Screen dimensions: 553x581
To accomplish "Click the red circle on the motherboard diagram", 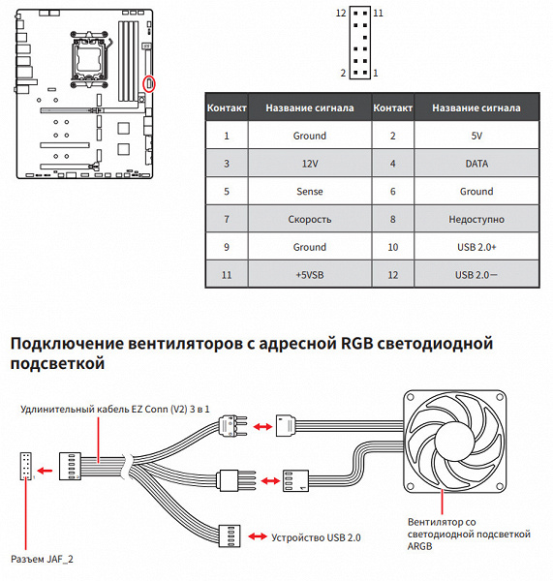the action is point(149,84).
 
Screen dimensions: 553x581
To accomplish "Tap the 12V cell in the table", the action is point(310,164).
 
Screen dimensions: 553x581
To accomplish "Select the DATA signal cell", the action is point(476,164).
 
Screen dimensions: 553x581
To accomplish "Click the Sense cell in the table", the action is point(310,191).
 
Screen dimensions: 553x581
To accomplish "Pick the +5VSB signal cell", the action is point(310,275).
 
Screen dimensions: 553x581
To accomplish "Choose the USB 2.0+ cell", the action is point(476,247).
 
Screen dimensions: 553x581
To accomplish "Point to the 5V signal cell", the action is point(476,136).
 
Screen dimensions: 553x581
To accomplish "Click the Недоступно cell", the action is point(476,219).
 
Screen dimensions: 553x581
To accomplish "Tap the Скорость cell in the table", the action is point(310,219).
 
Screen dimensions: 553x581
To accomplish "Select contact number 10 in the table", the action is point(393,247).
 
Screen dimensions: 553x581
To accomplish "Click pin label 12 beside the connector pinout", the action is point(341,14).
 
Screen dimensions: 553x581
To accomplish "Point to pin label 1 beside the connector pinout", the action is point(376,73).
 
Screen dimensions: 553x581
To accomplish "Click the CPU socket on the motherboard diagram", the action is point(90,59).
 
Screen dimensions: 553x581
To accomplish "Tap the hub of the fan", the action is point(454,441).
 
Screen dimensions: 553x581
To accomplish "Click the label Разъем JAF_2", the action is point(42,559).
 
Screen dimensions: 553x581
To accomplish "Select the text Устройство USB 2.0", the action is point(316,537).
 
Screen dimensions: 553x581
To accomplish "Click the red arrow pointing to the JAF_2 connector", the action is point(46,471).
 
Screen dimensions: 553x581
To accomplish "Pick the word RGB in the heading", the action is point(356,343).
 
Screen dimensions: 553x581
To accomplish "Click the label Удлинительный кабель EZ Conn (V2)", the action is point(105,409).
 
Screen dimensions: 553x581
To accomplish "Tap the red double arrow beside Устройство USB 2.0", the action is point(258,536).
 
